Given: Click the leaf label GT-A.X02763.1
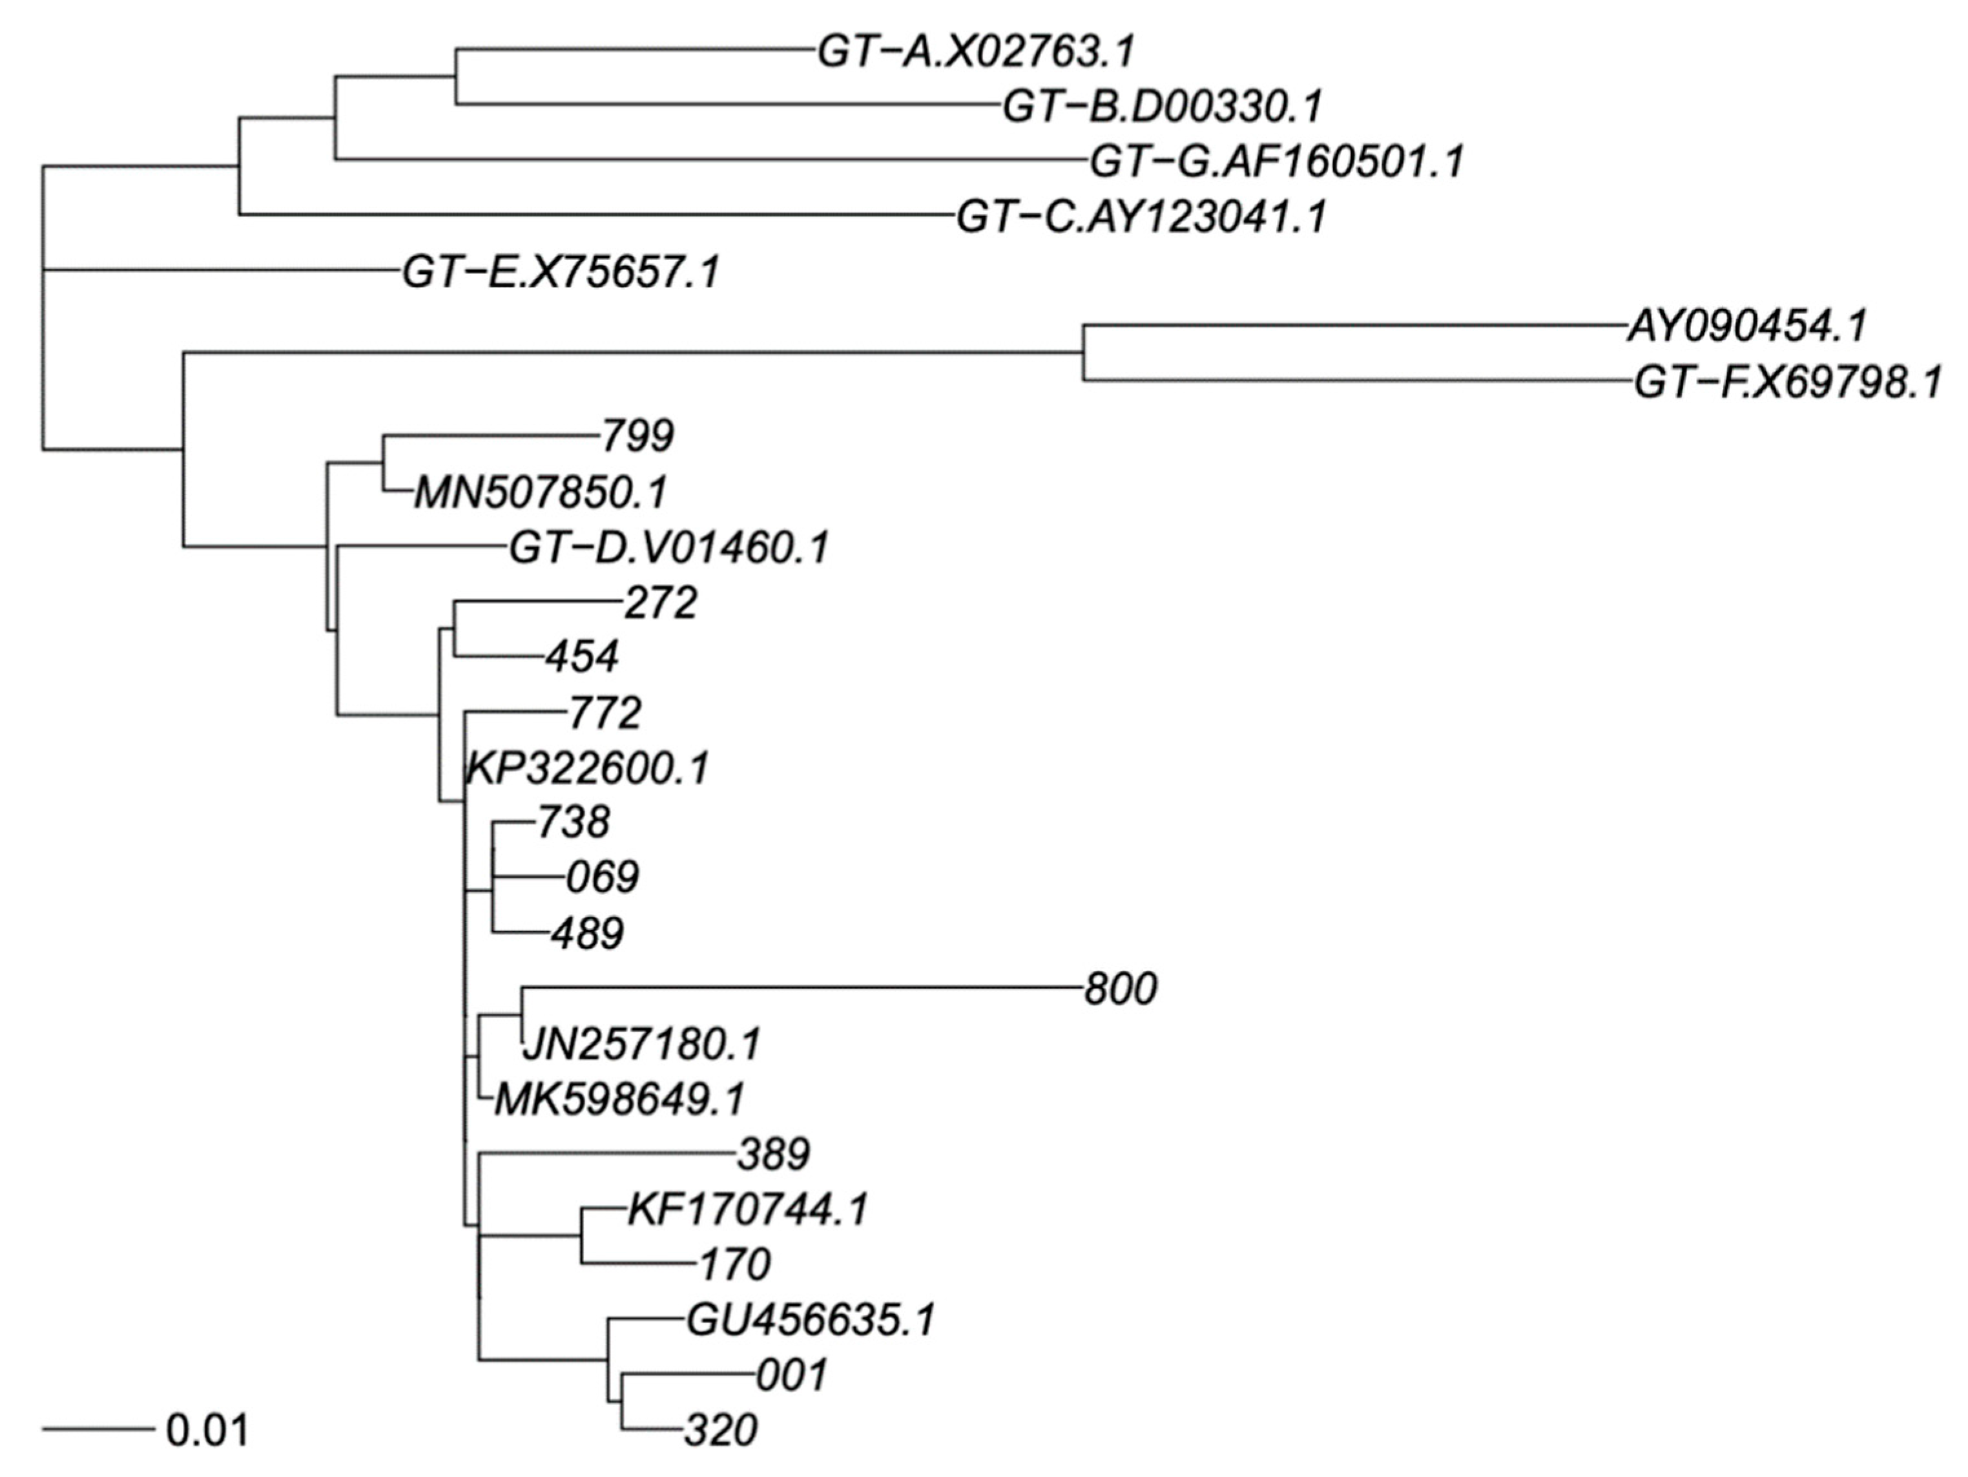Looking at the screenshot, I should coord(976,52).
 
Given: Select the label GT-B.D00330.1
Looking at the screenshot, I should coord(1162,107).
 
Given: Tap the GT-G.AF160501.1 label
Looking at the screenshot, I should coord(1276,162).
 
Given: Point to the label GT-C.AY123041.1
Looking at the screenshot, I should coord(1141,217).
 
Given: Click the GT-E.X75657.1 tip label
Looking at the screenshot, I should coord(561,272).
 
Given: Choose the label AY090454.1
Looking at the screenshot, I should coord(1746,326).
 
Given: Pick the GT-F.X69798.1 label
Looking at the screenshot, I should coord(1787,384).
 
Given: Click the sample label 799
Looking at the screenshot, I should coord(637,437).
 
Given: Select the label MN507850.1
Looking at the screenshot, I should coord(540,493).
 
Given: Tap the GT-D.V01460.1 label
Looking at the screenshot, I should coord(668,548).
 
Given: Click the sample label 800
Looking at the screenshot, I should coord(1120,989).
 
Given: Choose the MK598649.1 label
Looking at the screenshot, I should coord(619,1100).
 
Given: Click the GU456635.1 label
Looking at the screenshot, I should coord(811,1321).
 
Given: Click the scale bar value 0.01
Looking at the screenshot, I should coord(207,1430).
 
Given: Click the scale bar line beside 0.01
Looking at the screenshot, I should coord(98,1430).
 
